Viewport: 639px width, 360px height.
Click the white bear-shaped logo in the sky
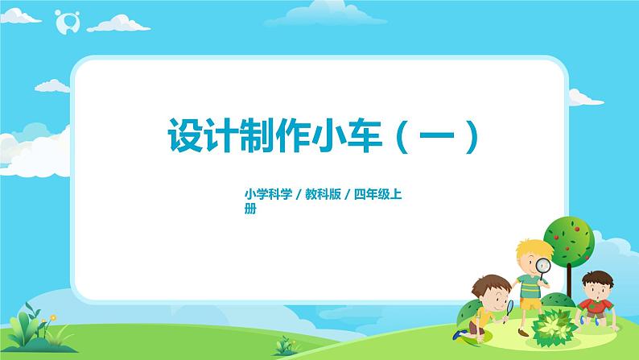pos(63,23)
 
